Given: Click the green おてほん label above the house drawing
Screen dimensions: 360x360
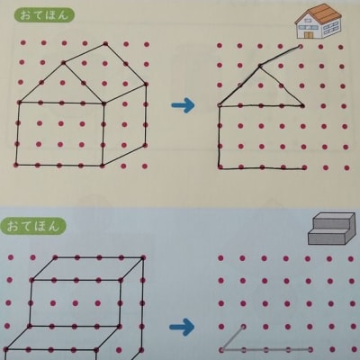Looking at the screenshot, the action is tap(44, 15).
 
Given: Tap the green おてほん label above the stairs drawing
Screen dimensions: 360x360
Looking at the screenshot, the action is tap(37, 226).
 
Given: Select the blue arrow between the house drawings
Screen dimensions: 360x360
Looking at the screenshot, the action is tap(183, 105).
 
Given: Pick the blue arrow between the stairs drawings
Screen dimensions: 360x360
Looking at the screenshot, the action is tap(182, 327).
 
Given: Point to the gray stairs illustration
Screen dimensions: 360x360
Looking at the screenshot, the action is tap(330, 228).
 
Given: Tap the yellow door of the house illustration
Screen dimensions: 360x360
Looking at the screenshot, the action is tap(308, 34).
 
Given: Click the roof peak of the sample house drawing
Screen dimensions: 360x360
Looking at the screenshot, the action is tap(105, 44).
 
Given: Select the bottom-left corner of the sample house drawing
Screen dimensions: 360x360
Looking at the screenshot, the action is tap(15, 165).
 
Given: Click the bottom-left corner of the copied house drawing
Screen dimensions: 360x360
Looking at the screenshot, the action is tap(220, 167).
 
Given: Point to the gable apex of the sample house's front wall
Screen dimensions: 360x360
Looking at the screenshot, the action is tap(63, 62).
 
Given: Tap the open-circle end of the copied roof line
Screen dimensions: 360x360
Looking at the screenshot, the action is tap(301, 46).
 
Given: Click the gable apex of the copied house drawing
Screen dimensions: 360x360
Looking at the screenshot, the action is tap(260, 65).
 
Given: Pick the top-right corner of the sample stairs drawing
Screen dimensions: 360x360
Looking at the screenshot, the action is tap(143, 257).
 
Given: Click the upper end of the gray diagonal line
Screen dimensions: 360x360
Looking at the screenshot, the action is tap(243, 327).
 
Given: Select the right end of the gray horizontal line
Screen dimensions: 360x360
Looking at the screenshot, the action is tap(310, 349).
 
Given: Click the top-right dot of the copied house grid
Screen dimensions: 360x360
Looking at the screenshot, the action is tap(341, 47).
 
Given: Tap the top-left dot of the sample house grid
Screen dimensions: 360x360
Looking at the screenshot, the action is tap(23, 43).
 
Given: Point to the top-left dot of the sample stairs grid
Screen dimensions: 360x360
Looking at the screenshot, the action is tap(11, 257).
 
